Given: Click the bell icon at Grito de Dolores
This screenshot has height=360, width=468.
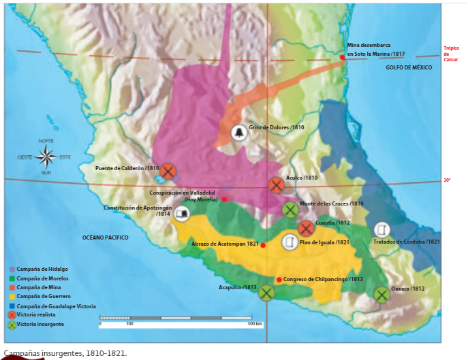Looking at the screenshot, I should click(x=238, y=133).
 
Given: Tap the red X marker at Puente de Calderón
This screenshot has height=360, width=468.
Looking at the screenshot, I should click(x=168, y=171).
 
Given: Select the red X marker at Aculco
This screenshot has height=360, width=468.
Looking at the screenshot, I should click(x=276, y=185).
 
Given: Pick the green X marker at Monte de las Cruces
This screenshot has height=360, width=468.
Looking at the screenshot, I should click(x=290, y=209).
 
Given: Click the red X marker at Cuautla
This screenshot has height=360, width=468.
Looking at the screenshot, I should click(x=306, y=229).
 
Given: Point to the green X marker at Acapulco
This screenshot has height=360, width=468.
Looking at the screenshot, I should click(x=266, y=293).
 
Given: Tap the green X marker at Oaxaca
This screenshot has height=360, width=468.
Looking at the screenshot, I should click(x=381, y=294).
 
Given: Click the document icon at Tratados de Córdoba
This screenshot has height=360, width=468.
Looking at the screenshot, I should click(x=382, y=229).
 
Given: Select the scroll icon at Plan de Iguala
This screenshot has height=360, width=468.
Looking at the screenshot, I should click(x=290, y=242).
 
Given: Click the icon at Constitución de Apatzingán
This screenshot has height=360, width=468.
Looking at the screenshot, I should click(x=182, y=214).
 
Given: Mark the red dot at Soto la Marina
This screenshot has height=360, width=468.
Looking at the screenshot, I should click(x=343, y=57).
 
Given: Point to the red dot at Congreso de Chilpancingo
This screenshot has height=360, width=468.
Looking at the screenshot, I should click(x=279, y=280).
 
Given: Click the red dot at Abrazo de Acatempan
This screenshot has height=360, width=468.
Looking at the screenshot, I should click(x=263, y=245).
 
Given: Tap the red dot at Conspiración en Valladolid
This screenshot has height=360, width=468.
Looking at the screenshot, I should click(x=224, y=199).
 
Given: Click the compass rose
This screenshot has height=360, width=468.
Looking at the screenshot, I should click(x=46, y=157).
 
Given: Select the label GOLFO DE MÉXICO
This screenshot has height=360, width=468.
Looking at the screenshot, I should click(x=409, y=68).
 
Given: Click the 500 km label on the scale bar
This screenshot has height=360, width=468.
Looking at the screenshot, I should click(x=255, y=324).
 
